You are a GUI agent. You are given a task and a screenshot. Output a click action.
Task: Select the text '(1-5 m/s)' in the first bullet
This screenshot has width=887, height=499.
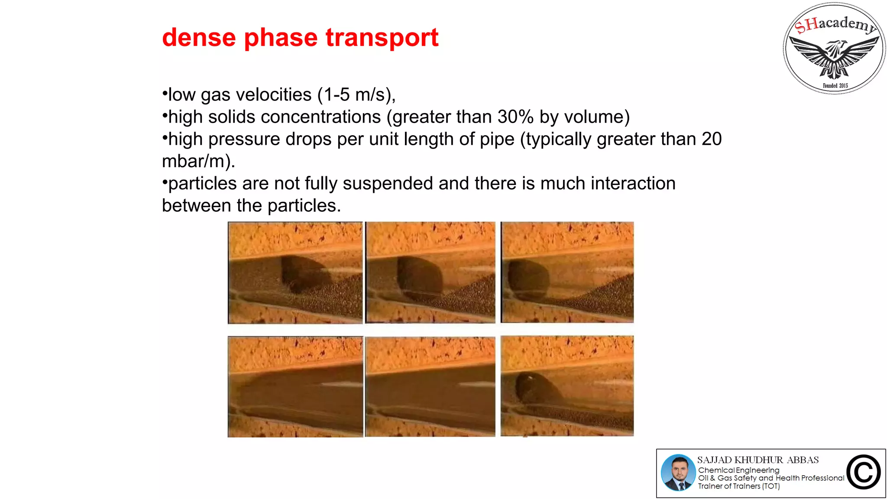pos(356,95)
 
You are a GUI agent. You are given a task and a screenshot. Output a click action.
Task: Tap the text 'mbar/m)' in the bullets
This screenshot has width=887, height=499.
pos(198,161)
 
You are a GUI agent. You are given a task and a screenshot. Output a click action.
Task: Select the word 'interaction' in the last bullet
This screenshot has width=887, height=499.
pos(633,183)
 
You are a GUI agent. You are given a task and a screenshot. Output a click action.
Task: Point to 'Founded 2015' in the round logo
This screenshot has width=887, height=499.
pos(835,86)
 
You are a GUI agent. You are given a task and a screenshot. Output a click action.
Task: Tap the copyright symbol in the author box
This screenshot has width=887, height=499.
pos(863,472)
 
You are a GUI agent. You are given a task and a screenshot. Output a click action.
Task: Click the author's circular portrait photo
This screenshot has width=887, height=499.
pos(678,473)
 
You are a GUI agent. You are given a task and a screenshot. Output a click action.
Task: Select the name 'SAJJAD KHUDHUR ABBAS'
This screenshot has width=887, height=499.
pos(758,460)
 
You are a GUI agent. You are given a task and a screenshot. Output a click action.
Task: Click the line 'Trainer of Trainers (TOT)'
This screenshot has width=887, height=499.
pos(738,486)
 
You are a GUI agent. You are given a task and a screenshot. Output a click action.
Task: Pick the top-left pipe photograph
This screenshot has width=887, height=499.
pos(295,272)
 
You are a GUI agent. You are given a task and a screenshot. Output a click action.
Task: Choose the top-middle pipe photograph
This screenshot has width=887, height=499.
pos(430,272)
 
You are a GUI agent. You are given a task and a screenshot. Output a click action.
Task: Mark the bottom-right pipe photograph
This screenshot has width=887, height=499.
pos(567,386)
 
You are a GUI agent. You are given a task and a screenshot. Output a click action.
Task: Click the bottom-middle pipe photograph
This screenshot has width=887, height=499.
pos(430,386)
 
